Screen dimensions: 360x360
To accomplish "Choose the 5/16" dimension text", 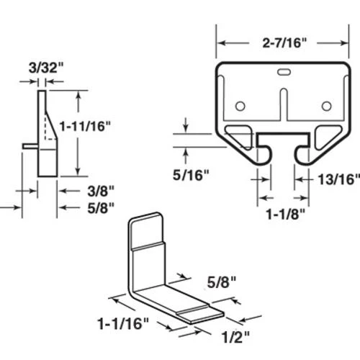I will coord(191,174).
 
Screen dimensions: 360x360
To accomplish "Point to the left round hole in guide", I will coord(240,106).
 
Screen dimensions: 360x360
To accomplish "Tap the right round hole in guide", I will coord(326,106).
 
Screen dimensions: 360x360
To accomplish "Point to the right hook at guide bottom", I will coord(302,153).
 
